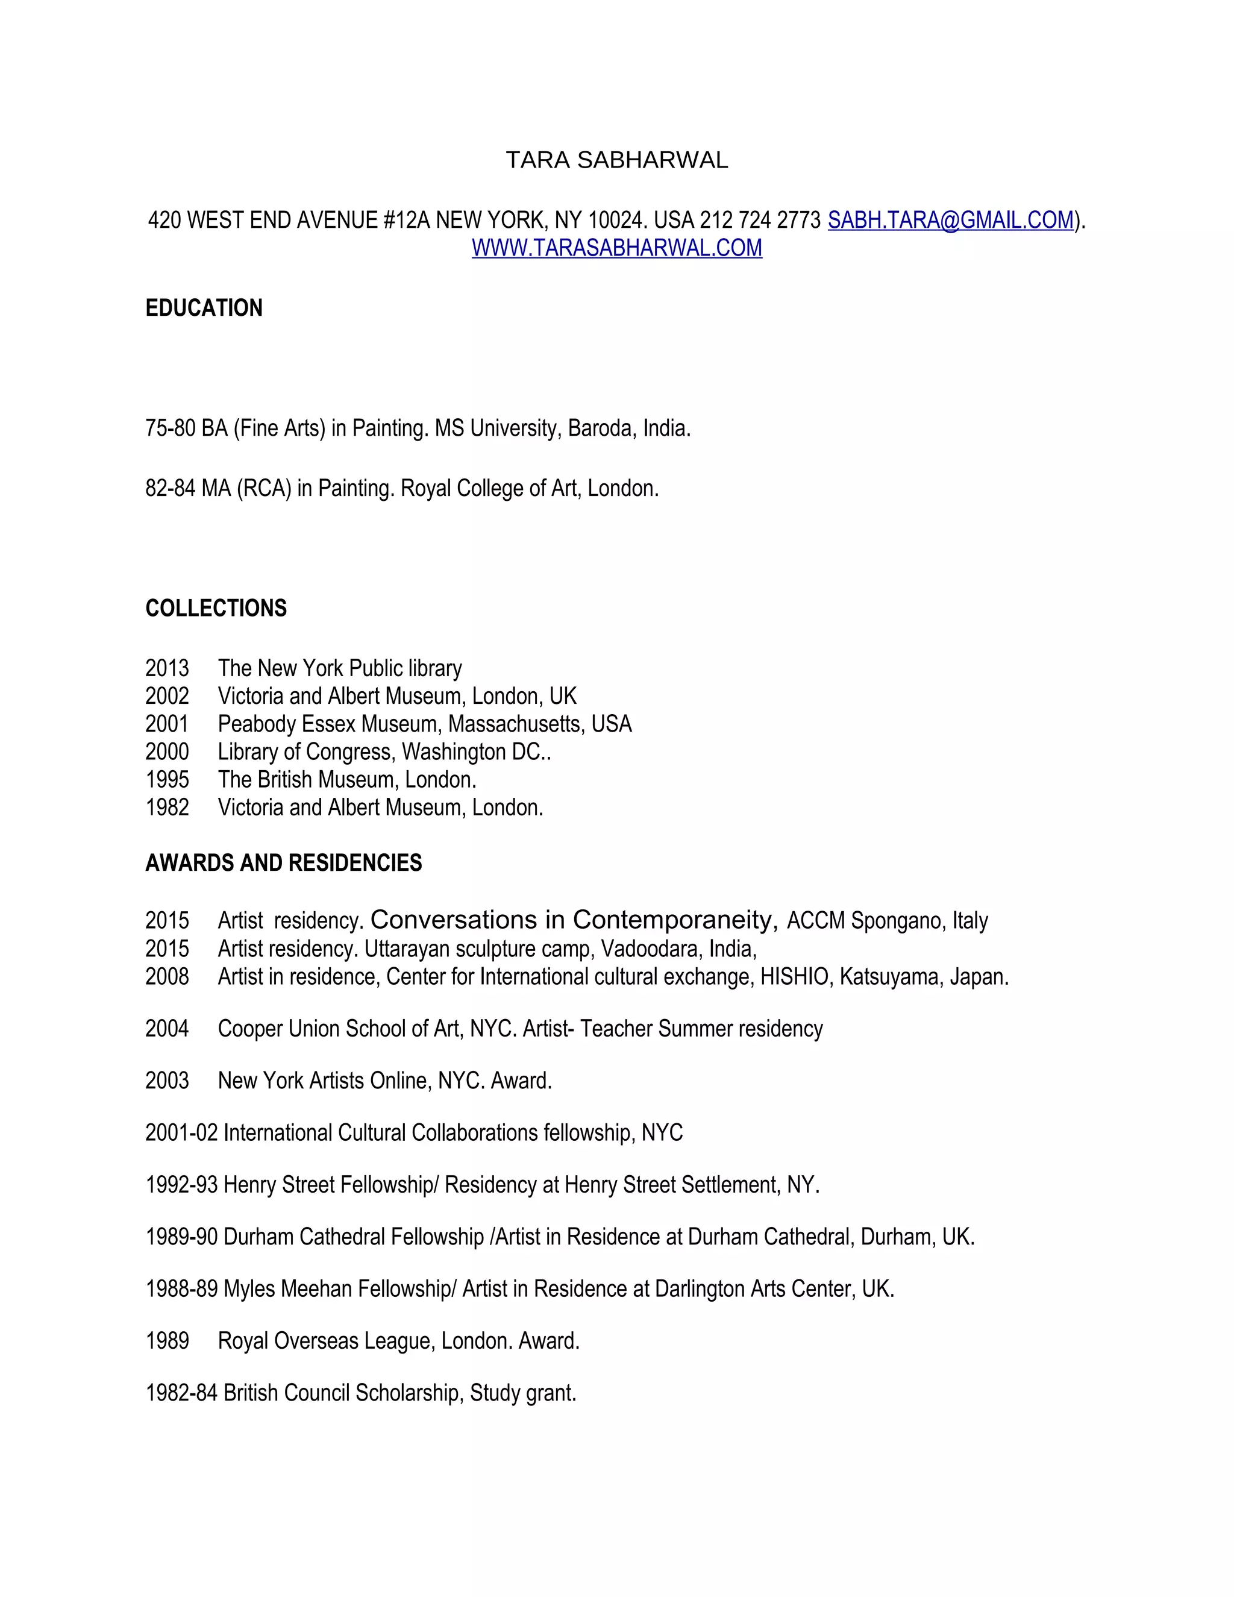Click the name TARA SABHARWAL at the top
pyautogui.click(x=616, y=160)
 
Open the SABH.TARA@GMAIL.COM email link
pyautogui.click(x=950, y=220)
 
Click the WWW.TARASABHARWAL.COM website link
pyautogui.click(x=616, y=248)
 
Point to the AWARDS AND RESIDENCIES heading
pyautogui.click(x=284, y=863)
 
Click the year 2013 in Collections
pyautogui.click(x=167, y=668)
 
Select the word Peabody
pyautogui.click(x=257, y=724)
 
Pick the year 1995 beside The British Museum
pyautogui.click(x=167, y=779)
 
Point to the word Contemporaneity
pyautogui.click(x=675, y=919)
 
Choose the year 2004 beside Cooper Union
pyautogui.click(x=167, y=1028)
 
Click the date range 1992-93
pyautogui.click(x=181, y=1185)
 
